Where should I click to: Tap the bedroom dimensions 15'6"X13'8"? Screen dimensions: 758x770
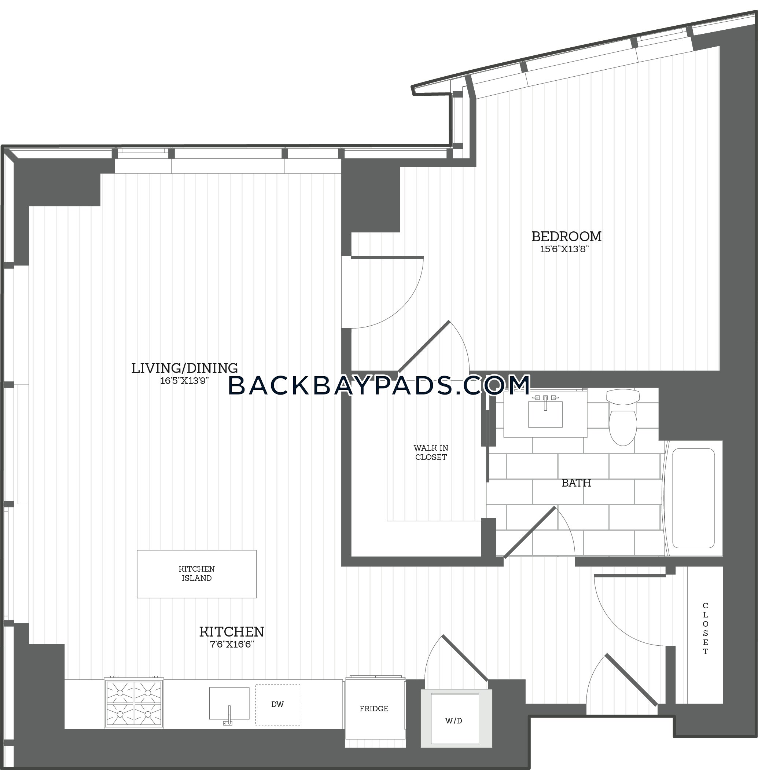pos(564,249)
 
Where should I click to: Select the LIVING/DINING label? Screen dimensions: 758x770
pos(185,368)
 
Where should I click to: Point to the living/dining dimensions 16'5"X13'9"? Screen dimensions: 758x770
pos(184,381)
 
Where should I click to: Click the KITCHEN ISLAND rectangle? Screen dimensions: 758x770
pos(197,574)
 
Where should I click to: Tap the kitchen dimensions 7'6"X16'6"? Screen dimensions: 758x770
pos(232,645)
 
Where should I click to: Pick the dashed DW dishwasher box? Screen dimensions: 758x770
pos(277,704)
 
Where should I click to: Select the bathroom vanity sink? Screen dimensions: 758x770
pos(545,413)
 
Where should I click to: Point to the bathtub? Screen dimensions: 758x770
pos(693,498)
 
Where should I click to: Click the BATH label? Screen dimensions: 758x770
pos(576,483)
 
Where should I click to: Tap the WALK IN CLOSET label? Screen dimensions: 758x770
pos(431,452)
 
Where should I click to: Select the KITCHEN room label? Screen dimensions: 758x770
pos(232,632)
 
